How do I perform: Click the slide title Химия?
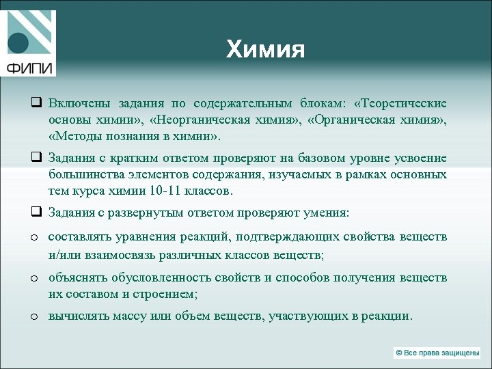(265, 49)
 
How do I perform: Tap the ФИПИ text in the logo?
(29, 68)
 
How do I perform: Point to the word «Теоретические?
(400, 103)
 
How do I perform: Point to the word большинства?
(84, 174)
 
